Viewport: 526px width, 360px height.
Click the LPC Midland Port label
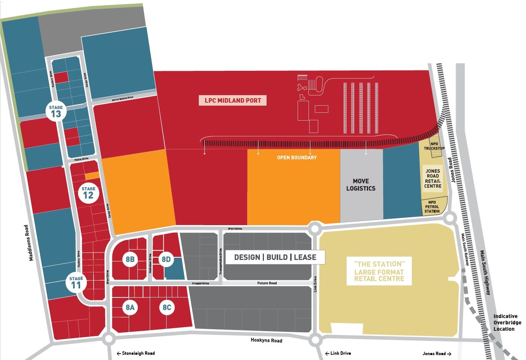point(232,100)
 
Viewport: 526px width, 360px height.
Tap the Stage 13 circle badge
point(56,111)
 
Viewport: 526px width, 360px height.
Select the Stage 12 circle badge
point(88,192)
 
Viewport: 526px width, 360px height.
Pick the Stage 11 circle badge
point(76,282)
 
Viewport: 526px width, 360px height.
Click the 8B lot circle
point(130,259)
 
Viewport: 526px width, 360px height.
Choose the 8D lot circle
point(166,259)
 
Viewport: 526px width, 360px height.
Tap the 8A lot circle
point(130,308)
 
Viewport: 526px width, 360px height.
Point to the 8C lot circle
point(167,308)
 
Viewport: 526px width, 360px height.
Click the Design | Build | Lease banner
point(275,257)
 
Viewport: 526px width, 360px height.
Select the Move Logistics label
point(361,185)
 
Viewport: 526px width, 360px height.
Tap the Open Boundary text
point(297,157)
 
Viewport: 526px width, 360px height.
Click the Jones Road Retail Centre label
point(433,178)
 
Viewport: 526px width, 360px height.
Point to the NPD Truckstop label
point(434,146)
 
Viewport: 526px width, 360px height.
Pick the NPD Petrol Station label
point(432,207)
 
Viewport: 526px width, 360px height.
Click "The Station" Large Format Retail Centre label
point(379,271)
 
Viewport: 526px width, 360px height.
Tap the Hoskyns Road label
point(266,340)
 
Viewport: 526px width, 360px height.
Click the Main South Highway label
point(485,272)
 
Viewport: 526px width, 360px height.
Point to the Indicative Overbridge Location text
point(505,323)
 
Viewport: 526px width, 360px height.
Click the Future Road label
point(267,283)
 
